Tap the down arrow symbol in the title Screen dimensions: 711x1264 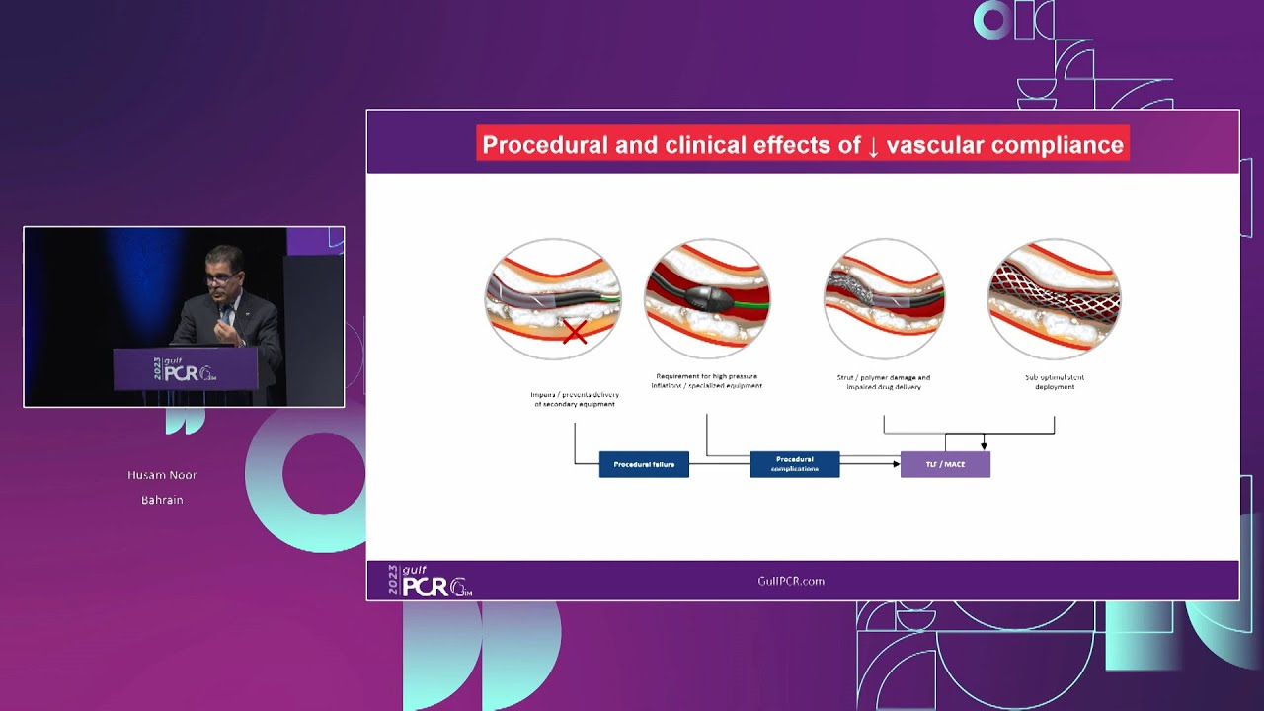coord(873,146)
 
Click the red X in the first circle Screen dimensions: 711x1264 coord(575,332)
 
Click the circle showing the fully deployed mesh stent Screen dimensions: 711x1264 coord(1054,299)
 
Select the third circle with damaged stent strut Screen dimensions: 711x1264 coord(884,299)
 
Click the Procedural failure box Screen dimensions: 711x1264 coord(644,464)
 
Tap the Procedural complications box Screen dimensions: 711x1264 coord(794,464)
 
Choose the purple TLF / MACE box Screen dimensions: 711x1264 coord(945,464)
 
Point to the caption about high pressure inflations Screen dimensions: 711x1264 coord(706,381)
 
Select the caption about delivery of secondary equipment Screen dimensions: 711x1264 coord(574,399)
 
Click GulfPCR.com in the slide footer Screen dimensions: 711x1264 coord(790,581)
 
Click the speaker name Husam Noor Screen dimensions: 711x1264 coord(162,475)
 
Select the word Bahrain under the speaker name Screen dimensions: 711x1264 coord(162,500)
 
